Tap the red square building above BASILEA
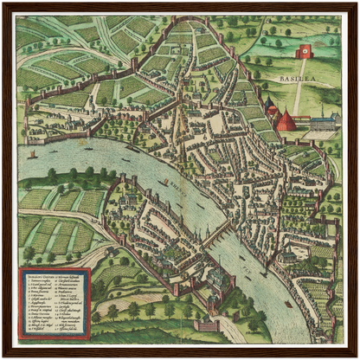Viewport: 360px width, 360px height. [303, 51]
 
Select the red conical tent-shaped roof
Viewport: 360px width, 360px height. [286, 120]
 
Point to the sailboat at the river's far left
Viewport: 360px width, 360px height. [33, 154]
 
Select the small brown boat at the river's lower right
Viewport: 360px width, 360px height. [289, 304]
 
